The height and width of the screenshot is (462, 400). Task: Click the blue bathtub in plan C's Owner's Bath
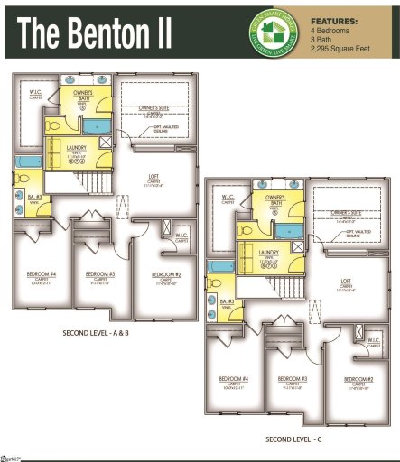pos(286,231)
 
